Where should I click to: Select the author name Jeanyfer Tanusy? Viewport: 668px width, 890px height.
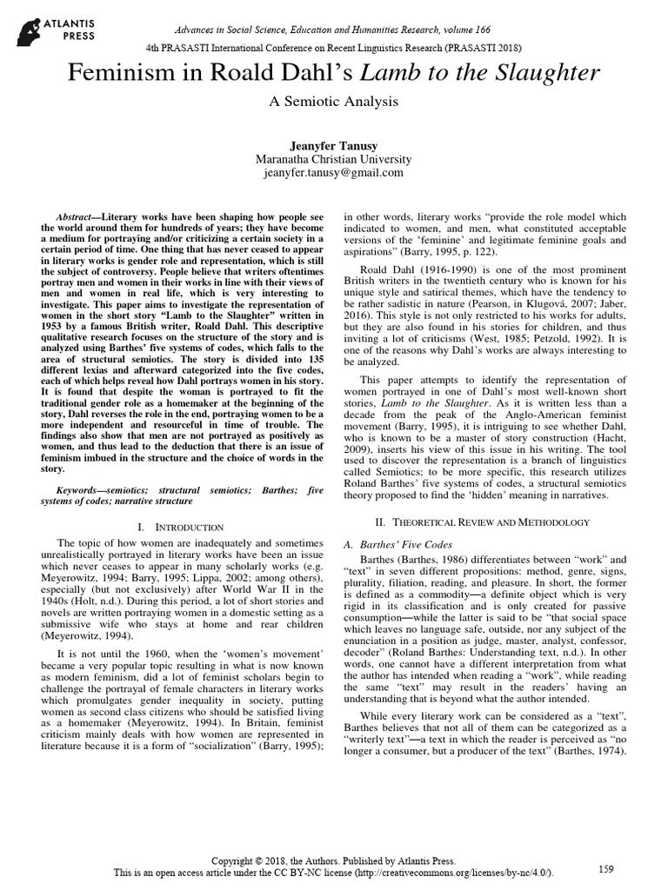click(333, 143)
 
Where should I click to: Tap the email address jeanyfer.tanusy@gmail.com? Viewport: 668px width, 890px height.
click(333, 172)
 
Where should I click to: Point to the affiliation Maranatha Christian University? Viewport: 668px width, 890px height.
click(333, 158)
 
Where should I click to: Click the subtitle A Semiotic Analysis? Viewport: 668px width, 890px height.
click(333, 102)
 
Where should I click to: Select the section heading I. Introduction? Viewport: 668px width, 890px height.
click(181, 528)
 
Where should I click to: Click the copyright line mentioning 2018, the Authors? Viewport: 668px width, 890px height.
click(333, 858)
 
